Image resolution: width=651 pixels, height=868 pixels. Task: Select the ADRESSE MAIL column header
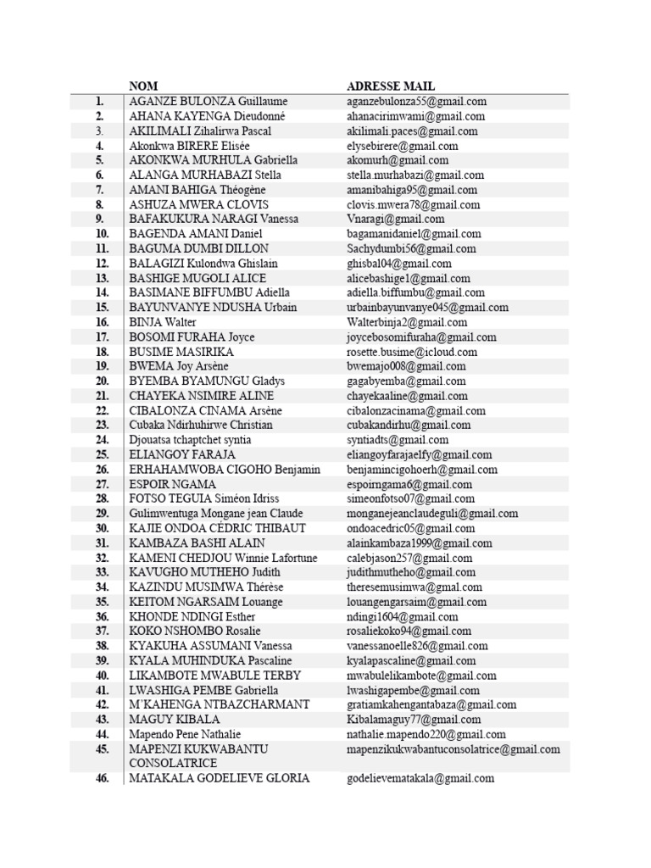pyautogui.click(x=391, y=86)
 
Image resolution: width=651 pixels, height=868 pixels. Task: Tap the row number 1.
pyautogui.click(x=100, y=102)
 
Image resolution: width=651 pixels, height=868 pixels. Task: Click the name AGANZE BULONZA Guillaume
pyautogui.click(x=208, y=102)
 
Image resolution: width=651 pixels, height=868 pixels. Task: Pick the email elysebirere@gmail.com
pyautogui.click(x=403, y=146)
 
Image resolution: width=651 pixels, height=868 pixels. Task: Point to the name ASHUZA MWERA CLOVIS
pyautogui.click(x=198, y=204)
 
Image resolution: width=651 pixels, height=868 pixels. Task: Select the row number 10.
pyautogui.click(x=102, y=234)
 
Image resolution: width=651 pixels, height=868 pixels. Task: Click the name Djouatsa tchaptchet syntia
pyautogui.click(x=190, y=440)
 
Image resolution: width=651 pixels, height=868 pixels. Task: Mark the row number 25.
pyautogui.click(x=102, y=454)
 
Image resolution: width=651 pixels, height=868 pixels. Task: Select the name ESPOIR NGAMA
pyautogui.click(x=172, y=484)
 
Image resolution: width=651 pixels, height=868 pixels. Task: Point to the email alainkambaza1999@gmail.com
pyautogui.click(x=419, y=543)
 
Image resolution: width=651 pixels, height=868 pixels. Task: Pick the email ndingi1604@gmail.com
pyautogui.click(x=403, y=617)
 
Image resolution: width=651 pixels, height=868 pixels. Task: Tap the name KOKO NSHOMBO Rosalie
pyautogui.click(x=195, y=632)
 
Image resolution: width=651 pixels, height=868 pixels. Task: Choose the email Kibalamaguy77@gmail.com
pyautogui.click(x=414, y=720)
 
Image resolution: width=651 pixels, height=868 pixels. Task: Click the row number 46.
pyautogui.click(x=102, y=778)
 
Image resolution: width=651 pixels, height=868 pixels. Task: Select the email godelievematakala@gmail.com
pyautogui.click(x=420, y=778)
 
